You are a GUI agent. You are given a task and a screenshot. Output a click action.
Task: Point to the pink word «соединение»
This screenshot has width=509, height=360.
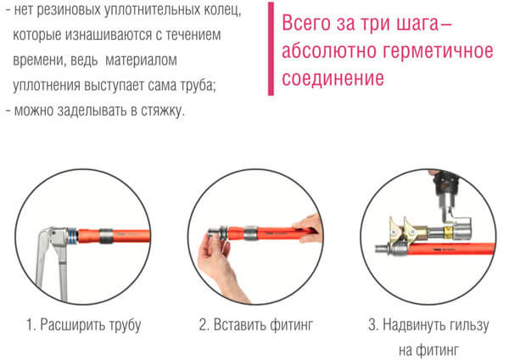pos(333,78)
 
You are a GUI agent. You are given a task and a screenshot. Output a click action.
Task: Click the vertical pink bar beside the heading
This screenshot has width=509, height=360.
pos(271,48)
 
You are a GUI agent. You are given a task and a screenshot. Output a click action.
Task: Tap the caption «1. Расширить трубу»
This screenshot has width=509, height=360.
pos(83,324)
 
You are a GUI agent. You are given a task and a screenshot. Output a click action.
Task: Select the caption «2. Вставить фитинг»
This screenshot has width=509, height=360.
pos(256,324)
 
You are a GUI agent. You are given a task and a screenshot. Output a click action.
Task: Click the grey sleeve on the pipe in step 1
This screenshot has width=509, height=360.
pos(106,236)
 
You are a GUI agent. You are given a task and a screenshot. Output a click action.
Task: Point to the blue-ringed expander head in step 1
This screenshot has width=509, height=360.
pos(73,235)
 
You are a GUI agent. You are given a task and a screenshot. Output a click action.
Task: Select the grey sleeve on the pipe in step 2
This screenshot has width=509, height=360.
pos(250,233)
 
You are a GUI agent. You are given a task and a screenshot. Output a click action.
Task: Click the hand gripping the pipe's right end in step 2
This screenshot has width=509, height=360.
pos(308,228)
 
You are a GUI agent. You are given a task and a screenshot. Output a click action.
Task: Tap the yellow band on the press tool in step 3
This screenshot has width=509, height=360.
pos(448,233)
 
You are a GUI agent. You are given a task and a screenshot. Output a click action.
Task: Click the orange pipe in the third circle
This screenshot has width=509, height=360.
pos(450,250)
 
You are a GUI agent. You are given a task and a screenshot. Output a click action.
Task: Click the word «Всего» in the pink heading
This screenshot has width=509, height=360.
pos(305,24)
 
